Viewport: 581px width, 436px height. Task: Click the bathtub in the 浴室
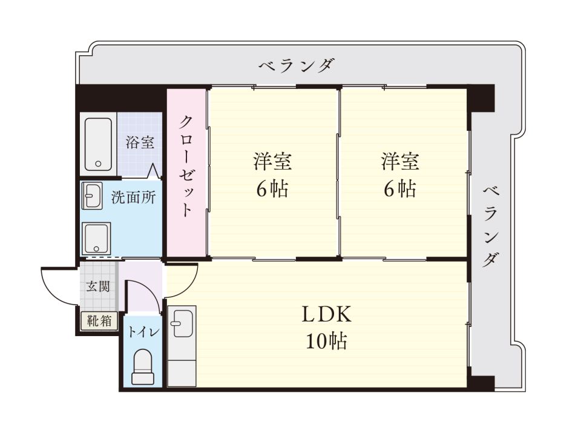[98, 144]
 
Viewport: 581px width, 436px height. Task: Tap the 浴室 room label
[140, 144]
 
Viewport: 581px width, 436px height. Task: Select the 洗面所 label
[133, 198]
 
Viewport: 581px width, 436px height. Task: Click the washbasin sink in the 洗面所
[91, 196]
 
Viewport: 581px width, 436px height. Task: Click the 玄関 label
[98, 286]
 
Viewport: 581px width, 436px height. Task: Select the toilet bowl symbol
[143, 368]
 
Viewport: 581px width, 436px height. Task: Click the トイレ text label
[143, 332]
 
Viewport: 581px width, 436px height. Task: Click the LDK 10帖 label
[327, 328]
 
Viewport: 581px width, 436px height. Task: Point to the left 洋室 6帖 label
[272, 176]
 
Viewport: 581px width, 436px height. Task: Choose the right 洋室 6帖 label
[400, 176]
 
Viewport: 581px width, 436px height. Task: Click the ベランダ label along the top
[296, 65]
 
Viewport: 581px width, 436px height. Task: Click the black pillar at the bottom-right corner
[482, 383]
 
